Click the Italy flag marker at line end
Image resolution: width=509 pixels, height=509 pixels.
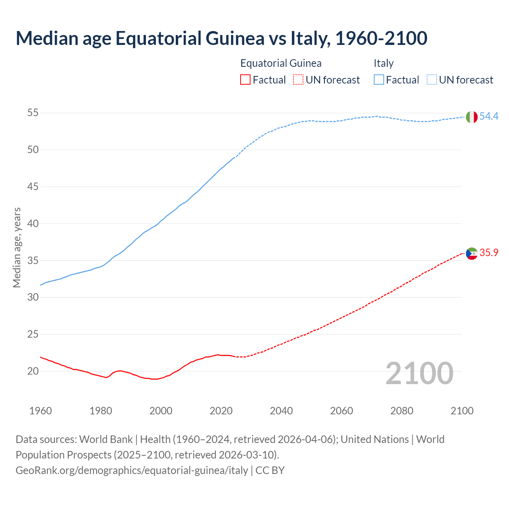pos(472,117)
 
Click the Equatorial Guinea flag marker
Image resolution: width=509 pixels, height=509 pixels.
pos(472,253)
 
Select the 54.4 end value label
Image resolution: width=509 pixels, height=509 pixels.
pos(489,116)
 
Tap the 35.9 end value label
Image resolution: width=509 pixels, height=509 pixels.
pos(489,253)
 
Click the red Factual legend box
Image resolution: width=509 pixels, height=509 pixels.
pos(245,80)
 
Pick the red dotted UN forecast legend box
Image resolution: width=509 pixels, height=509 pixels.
pos(298,80)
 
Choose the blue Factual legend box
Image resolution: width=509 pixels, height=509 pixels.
pos(379,80)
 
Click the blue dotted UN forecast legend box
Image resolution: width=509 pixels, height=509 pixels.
pos(431,80)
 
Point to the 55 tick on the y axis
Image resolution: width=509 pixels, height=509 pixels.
pos(33,113)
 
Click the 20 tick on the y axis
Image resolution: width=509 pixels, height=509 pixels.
pos(33,371)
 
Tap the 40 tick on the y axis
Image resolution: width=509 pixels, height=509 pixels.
pos(33,223)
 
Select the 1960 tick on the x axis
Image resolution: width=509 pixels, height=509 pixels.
pos(41,411)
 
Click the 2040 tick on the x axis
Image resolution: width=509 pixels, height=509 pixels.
pos(281,411)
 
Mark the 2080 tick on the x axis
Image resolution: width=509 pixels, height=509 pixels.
pos(402,411)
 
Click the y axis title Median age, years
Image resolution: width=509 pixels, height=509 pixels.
pos(17,247)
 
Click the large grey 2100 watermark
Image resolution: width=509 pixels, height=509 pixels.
pos(419,373)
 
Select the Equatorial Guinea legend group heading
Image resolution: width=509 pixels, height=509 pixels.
pos(281,63)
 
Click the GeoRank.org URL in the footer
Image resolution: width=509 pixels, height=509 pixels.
pos(132,470)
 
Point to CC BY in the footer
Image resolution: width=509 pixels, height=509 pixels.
pos(270,470)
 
